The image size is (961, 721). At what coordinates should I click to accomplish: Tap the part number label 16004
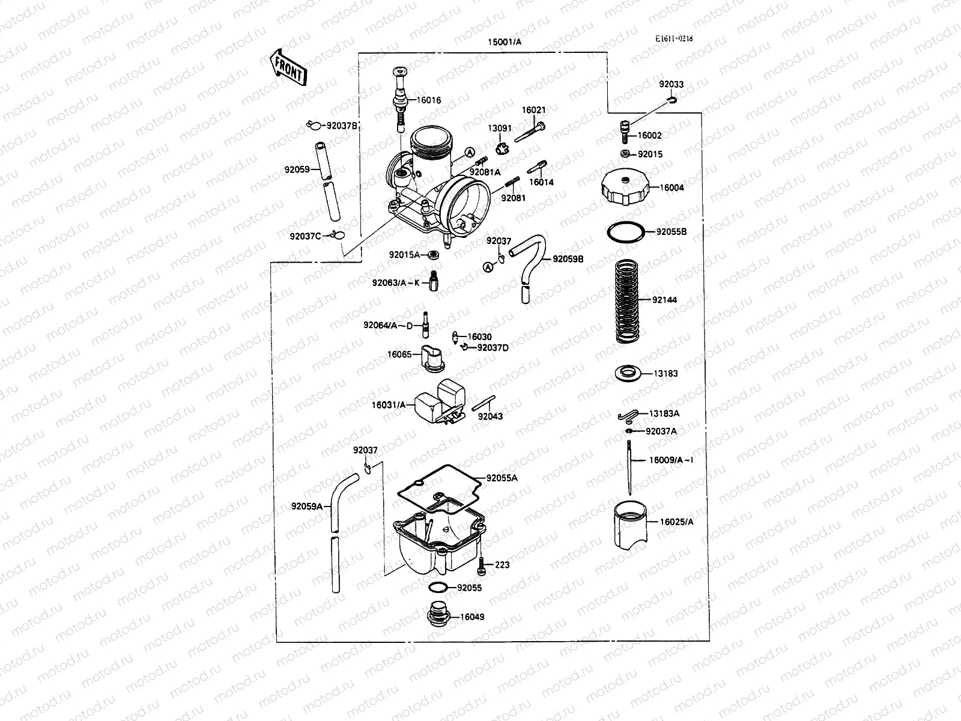coord(671,187)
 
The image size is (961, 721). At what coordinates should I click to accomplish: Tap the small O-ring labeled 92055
coord(438,587)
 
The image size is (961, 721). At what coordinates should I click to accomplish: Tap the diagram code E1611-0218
coord(673,38)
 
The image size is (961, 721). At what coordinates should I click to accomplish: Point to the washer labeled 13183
coord(629,373)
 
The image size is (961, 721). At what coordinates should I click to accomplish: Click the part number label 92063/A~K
coord(396,282)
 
